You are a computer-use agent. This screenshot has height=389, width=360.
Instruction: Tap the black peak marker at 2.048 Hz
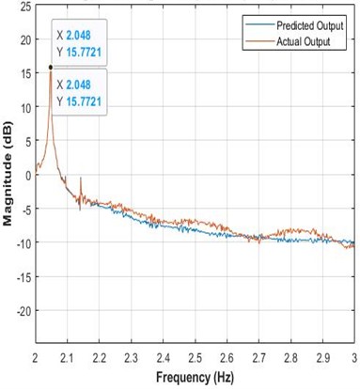point(51,68)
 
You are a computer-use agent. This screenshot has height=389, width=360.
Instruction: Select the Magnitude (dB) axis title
point(8,179)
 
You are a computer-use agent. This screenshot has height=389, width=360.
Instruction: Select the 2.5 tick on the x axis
point(195,357)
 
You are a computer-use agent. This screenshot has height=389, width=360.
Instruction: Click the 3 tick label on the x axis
point(352,357)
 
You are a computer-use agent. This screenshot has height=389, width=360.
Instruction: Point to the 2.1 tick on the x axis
point(68,357)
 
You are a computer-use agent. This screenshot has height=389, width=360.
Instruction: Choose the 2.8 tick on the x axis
point(290,357)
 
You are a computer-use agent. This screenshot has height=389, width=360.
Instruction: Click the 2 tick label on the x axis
point(36,357)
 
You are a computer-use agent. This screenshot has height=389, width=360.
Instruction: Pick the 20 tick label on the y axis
point(24,39)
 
